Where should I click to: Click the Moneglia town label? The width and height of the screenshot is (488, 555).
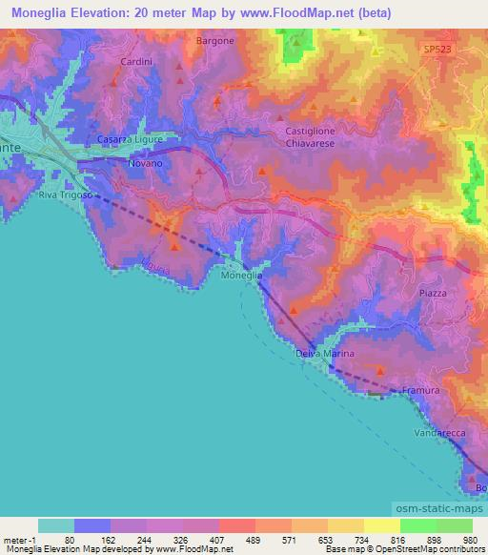coord(240,276)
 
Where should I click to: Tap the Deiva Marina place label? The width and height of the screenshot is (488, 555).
coord(325,354)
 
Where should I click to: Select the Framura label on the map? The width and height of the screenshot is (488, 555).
coord(420,391)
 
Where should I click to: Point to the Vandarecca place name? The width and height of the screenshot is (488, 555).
coord(439,433)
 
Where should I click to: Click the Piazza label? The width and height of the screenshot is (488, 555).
coord(432,294)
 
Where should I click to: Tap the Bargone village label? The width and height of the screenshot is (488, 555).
coord(214,41)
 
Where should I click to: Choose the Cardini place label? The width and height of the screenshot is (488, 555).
coord(132,61)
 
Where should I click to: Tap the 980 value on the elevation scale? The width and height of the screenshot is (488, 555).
coord(469,539)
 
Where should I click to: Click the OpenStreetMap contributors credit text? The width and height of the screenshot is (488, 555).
coord(435,549)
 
